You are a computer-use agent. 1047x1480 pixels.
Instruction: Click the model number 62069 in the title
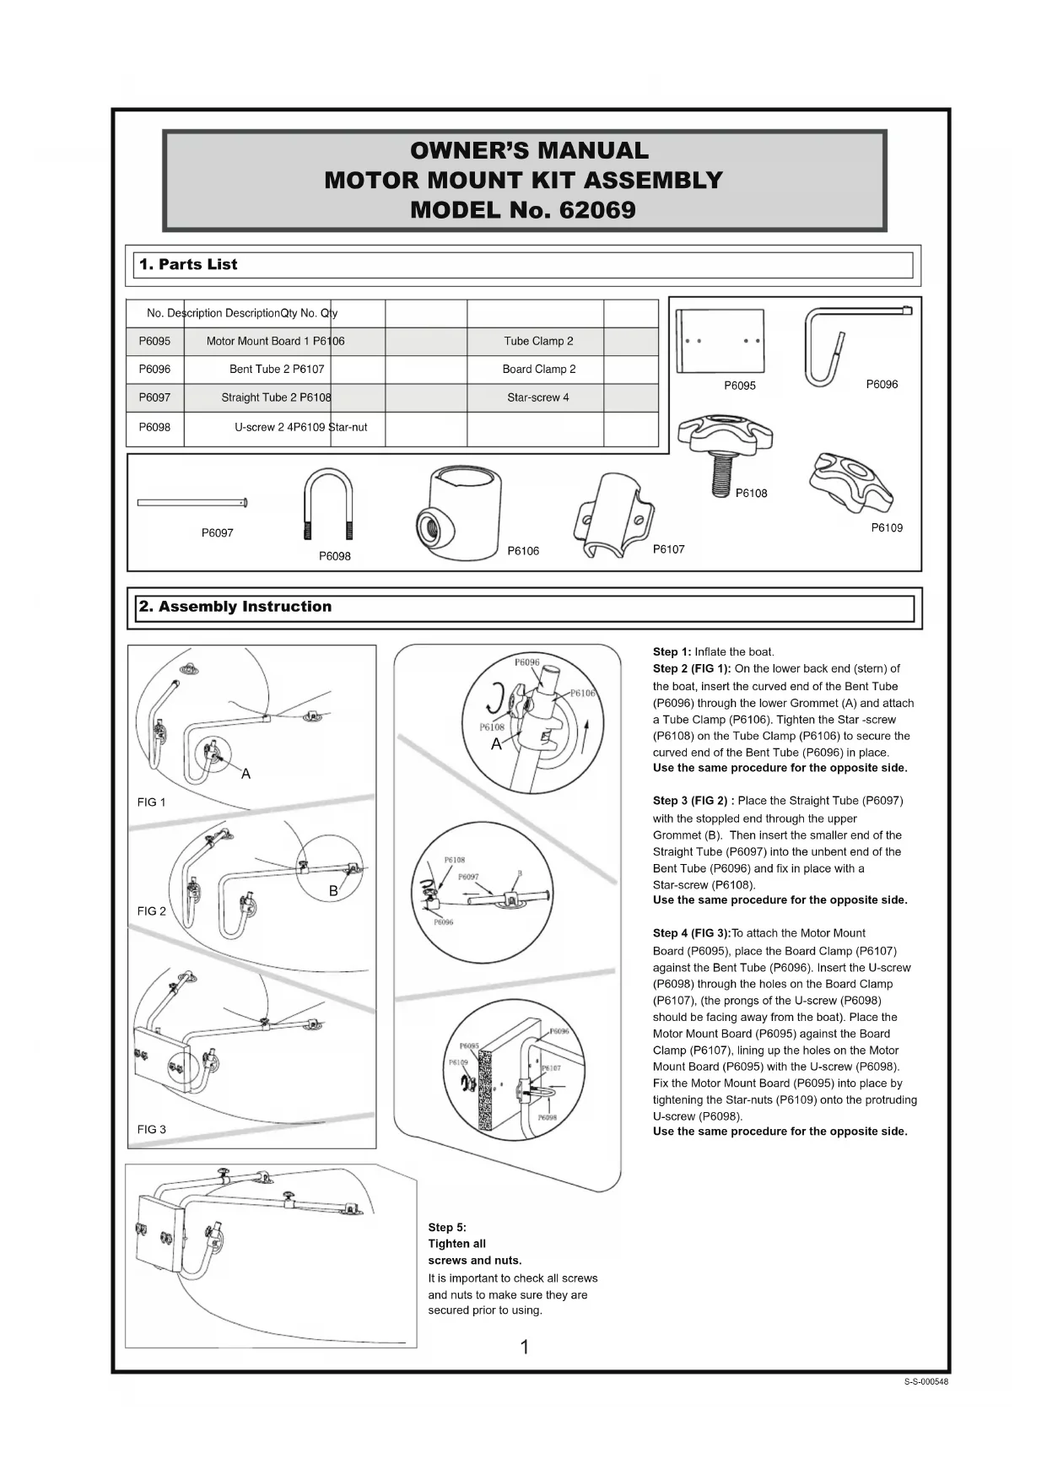[x=597, y=210]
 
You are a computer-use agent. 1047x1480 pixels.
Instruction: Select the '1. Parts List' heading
[x=188, y=265]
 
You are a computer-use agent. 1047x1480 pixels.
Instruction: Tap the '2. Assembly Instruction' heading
[x=235, y=607]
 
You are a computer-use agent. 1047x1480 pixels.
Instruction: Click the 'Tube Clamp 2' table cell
[x=538, y=342]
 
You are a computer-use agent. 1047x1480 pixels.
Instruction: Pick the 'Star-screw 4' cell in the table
[x=538, y=397]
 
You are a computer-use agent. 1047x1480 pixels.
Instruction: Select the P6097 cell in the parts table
[x=154, y=397]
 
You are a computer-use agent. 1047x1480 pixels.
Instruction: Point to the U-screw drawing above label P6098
[x=327, y=504]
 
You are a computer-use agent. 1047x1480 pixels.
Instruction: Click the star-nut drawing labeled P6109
[x=850, y=482]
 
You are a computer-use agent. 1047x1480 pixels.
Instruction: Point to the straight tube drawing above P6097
[x=192, y=503]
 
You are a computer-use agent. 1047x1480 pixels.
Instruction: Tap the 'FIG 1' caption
[x=152, y=802]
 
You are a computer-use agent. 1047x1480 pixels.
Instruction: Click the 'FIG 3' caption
[x=152, y=1130]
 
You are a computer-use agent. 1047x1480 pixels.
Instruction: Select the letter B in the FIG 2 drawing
[x=333, y=891]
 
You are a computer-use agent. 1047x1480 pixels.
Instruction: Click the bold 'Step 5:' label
[x=447, y=1228]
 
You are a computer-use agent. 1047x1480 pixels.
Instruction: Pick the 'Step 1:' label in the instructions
[x=672, y=652]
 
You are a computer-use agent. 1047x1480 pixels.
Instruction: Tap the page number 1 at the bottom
[x=525, y=1348]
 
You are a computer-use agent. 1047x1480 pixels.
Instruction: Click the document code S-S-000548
[x=926, y=1382]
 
